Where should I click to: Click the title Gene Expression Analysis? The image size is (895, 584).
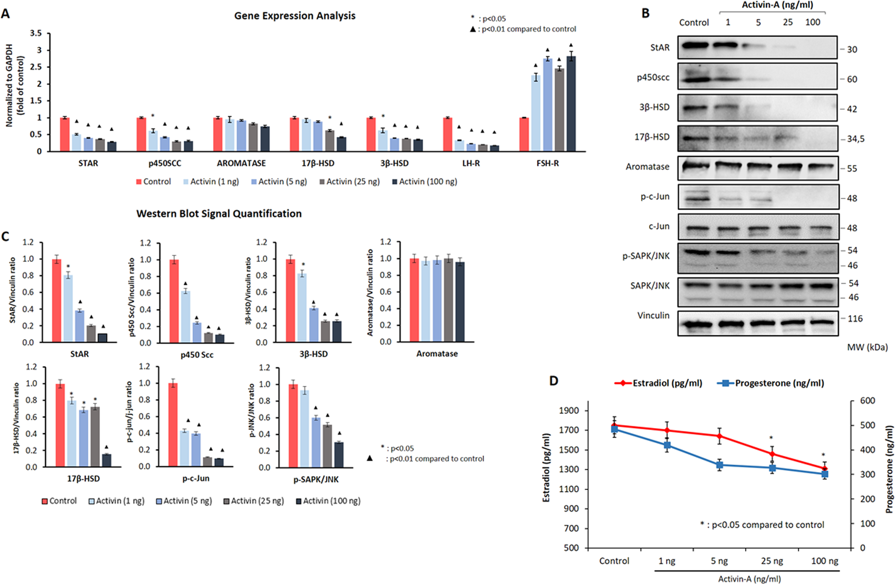click(295, 16)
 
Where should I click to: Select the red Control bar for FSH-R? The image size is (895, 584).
click(524, 134)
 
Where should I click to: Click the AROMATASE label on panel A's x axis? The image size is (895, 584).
click(241, 163)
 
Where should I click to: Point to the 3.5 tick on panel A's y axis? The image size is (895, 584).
click(36, 33)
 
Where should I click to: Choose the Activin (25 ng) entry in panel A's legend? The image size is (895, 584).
click(349, 182)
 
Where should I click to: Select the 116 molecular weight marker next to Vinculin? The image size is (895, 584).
click(855, 318)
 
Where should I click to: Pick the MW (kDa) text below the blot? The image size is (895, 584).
click(867, 347)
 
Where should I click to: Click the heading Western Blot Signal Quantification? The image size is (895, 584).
click(219, 214)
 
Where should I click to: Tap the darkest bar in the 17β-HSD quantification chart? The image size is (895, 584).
click(106, 460)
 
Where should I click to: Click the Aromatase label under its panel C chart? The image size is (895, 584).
click(436, 354)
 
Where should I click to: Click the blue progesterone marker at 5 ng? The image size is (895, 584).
click(719, 465)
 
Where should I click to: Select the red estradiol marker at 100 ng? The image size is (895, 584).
click(825, 469)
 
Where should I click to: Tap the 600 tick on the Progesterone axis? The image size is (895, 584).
click(867, 400)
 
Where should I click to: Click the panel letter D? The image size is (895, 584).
click(554, 381)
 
